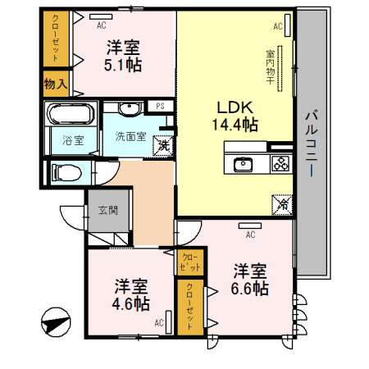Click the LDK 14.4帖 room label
pos(237,116)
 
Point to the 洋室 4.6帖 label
pos(131,294)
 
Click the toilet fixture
pos(66,172)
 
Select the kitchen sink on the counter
pos(245,163)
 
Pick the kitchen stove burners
pos(280,163)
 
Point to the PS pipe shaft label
pos(161,106)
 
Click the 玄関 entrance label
pos(107,210)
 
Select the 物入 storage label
pos(56,83)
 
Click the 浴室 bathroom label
pos(72,139)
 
